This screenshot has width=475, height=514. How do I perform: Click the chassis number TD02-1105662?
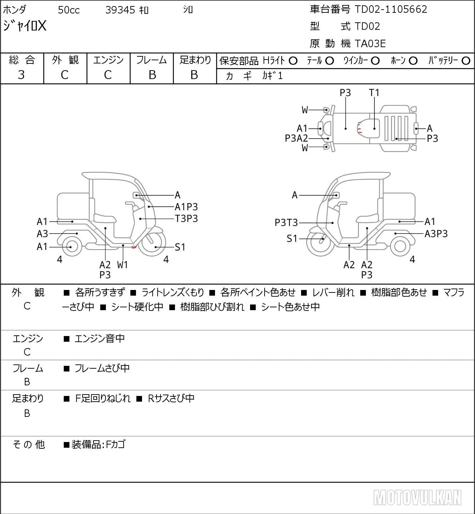tap(391, 9)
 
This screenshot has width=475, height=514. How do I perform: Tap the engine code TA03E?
tap(370, 44)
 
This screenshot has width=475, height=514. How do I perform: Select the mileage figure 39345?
tap(120, 10)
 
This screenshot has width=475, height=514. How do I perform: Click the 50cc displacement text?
tap(69, 10)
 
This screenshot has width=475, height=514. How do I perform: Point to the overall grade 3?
tap(21, 75)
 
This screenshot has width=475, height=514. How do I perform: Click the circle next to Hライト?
tap(293, 61)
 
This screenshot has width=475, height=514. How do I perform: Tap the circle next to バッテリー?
tap(466, 61)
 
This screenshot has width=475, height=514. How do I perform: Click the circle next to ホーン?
tap(413, 61)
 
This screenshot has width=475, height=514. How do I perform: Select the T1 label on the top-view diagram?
tap(374, 93)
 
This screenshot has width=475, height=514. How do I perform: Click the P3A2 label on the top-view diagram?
tap(296, 138)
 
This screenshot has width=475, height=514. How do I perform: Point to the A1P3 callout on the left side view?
tap(186, 207)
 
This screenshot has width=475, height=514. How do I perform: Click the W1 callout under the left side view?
tap(122, 265)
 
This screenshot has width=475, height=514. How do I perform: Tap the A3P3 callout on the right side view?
tap(436, 234)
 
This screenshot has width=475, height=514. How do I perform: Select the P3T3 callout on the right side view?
tap(286, 223)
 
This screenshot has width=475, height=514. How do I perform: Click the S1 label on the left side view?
tap(180, 247)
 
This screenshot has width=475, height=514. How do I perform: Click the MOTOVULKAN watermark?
tap(417, 497)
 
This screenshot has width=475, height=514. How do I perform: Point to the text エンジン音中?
tap(100, 339)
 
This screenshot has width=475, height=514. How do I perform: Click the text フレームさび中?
tap(102, 368)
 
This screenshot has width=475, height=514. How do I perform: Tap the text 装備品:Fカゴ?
tap(98, 445)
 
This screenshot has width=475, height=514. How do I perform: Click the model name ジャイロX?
tap(24, 26)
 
